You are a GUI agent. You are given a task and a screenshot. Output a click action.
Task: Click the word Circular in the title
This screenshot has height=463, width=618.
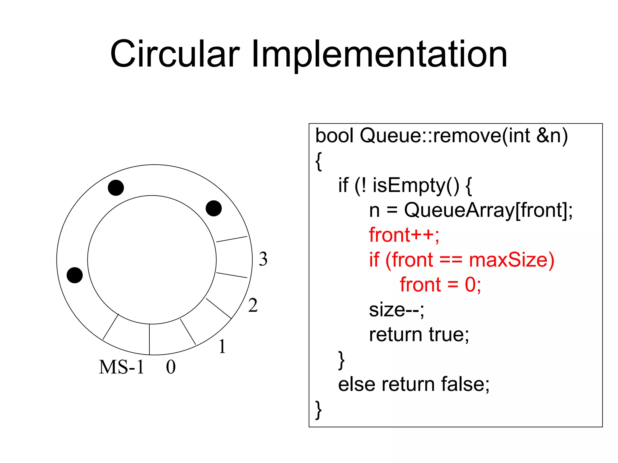click(x=175, y=54)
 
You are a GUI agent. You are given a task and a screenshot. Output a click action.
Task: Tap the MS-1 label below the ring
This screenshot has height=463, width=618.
click(x=122, y=367)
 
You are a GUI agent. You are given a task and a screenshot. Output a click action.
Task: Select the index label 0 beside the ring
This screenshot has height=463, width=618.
click(x=171, y=367)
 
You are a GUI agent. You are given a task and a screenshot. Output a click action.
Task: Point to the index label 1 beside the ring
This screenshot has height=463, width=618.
click(x=222, y=346)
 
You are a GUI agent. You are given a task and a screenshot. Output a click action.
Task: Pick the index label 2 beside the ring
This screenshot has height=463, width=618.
click(x=253, y=305)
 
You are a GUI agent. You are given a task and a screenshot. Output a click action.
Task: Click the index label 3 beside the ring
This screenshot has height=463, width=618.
click(x=263, y=259)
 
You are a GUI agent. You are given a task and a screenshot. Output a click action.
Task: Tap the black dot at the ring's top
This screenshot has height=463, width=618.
click(x=116, y=188)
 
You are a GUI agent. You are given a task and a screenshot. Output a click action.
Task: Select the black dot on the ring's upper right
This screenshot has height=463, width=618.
click(x=214, y=208)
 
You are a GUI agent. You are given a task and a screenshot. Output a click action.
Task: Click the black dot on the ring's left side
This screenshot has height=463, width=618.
click(x=75, y=275)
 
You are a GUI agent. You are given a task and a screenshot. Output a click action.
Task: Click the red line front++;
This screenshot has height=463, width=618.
click(x=404, y=235)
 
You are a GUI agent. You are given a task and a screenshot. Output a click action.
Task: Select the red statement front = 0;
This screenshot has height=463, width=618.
click(x=440, y=285)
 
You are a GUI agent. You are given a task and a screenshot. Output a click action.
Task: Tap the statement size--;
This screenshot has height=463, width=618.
click(x=397, y=310)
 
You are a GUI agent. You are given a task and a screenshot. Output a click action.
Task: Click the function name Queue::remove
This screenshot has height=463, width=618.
click(x=430, y=135)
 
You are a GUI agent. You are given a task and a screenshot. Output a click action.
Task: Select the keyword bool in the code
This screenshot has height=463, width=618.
click(x=334, y=135)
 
